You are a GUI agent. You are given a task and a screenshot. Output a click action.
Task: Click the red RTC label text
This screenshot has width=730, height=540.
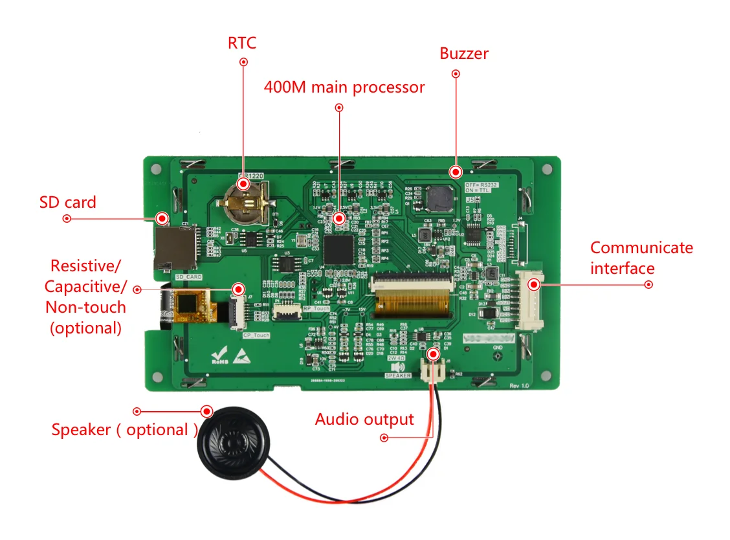[x=242, y=43]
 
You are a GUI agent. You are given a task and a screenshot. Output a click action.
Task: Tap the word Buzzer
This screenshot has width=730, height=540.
[x=464, y=54]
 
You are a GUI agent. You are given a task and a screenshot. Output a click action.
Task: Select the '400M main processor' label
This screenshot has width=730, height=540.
[x=344, y=87]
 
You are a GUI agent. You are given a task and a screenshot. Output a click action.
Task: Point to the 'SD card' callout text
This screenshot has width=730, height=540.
[x=67, y=203]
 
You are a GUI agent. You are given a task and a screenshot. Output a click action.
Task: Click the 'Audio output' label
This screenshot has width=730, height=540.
[x=364, y=420]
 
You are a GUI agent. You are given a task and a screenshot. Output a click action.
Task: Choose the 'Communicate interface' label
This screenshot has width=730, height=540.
[x=641, y=258]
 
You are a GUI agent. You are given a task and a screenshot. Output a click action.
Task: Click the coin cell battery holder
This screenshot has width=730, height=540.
[x=243, y=200]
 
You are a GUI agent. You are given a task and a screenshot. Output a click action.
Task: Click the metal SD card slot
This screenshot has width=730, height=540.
[x=175, y=249]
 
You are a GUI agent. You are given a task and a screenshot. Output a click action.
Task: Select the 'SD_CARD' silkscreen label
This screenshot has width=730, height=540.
[x=188, y=277]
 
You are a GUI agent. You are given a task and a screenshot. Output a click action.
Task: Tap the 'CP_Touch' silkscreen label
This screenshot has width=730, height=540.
[x=256, y=335]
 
